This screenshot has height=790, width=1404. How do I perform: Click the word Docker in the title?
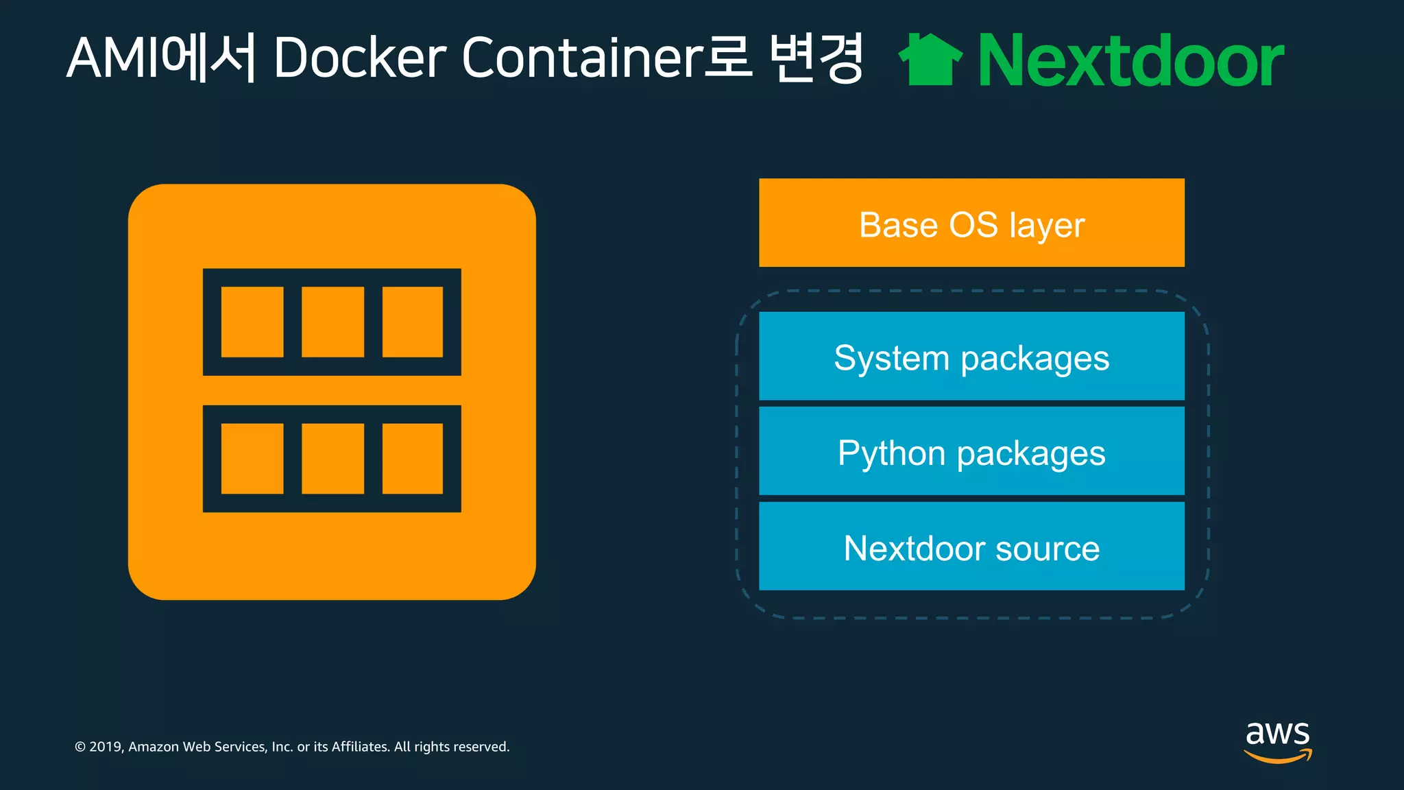click(360, 58)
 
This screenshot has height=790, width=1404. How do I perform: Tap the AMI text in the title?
click(113, 58)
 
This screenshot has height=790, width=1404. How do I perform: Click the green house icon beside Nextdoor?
click(930, 60)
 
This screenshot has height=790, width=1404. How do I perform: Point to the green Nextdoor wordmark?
click(1130, 61)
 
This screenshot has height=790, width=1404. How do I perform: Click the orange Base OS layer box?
click(971, 223)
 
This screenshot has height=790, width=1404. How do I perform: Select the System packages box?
click(971, 356)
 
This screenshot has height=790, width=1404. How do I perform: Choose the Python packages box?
click(971, 451)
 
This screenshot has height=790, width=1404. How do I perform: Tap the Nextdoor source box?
click(971, 546)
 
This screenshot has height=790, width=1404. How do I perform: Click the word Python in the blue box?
click(892, 454)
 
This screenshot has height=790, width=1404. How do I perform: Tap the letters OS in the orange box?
click(973, 225)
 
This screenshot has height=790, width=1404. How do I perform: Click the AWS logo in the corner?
click(1278, 741)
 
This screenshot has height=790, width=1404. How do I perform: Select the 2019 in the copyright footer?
click(106, 747)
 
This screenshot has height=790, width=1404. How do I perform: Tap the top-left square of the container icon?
click(252, 322)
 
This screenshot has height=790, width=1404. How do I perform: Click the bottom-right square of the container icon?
click(412, 458)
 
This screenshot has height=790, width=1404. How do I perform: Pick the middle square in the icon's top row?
click(332, 322)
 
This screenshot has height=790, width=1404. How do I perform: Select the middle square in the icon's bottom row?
click(332, 458)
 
